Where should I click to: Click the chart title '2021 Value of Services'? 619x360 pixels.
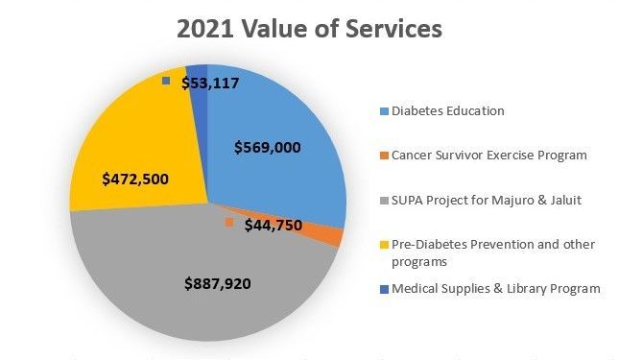click(x=309, y=29)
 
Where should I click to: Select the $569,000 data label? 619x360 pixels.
click(x=267, y=147)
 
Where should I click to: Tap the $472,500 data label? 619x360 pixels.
click(x=135, y=179)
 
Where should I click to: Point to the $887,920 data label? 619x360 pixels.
click(x=218, y=283)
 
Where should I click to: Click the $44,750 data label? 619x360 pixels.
click(x=274, y=225)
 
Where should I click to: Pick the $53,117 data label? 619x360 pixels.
click(x=210, y=83)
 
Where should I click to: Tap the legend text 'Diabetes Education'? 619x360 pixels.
click(x=447, y=111)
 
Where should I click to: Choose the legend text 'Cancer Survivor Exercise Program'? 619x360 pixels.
click(x=489, y=156)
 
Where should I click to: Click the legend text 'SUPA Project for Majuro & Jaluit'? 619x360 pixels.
click(x=487, y=200)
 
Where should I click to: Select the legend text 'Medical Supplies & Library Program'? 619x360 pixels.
click(x=496, y=289)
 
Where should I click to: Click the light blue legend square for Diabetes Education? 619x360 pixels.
click(x=384, y=111)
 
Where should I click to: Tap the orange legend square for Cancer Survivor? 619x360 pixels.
click(x=384, y=156)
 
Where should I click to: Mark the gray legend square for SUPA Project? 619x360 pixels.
click(x=384, y=201)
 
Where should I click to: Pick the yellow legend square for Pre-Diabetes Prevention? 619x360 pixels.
click(x=384, y=245)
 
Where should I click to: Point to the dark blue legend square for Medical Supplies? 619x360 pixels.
click(x=384, y=289)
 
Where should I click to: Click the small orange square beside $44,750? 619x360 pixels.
click(x=229, y=222)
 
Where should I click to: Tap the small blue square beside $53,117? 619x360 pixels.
click(x=166, y=81)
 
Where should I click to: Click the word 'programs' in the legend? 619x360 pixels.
click(x=419, y=262)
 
